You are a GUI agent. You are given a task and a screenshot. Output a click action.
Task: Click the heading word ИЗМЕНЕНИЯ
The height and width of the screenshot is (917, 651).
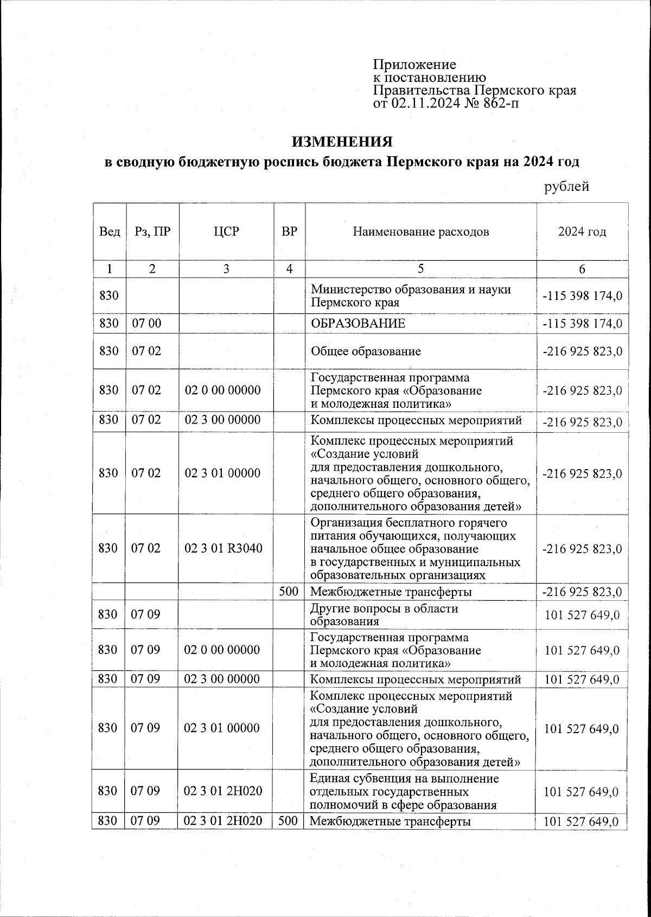[x=342, y=142]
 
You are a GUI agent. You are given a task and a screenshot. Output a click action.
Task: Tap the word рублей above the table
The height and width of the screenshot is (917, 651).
[x=566, y=187]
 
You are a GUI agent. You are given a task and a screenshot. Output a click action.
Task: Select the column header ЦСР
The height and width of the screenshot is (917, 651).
[x=226, y=232]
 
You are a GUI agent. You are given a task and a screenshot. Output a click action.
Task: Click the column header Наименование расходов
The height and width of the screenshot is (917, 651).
[x=421, y=232]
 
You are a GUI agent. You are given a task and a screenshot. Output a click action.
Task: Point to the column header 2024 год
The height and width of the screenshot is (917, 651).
[x=582, y=232]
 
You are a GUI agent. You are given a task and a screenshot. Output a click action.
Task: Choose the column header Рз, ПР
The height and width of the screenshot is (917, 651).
[x=152, y=232]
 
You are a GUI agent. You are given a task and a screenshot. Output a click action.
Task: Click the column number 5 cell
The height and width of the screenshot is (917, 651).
[x=421, y=269]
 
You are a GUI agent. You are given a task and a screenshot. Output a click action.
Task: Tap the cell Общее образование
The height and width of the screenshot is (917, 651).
[x=366, y=351]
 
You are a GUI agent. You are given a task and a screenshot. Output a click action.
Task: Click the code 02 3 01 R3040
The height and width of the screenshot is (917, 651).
[x=224, y=548]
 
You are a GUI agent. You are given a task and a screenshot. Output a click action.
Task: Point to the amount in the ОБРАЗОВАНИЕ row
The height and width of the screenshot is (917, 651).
[x=582, y=324]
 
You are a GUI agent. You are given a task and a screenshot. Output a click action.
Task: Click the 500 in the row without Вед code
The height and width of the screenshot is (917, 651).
[x=289, y=592]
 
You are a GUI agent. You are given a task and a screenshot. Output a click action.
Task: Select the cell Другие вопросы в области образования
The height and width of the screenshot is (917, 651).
[x=384, y=615]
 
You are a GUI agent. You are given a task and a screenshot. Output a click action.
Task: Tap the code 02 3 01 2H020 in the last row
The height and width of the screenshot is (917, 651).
[x=223, y=821]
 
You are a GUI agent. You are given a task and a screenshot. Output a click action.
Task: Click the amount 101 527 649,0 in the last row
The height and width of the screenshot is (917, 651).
[x=581, y=822]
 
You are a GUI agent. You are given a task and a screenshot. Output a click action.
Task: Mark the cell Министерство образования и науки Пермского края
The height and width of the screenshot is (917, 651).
[x=411, y=296]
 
